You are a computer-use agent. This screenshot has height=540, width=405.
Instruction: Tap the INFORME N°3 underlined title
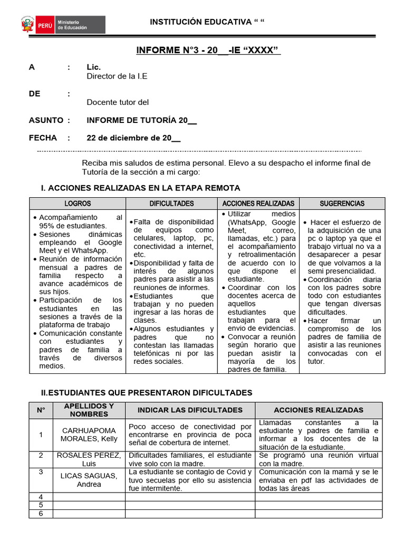point(208,51)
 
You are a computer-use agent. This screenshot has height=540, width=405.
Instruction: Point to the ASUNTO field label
point(46,120)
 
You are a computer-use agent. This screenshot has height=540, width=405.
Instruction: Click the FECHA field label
point(43,138)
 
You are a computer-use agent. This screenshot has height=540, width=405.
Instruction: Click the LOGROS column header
point(78,204)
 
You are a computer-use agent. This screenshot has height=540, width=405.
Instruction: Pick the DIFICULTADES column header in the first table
point(171,204)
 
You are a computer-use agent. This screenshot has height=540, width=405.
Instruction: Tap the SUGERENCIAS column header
point(342,204)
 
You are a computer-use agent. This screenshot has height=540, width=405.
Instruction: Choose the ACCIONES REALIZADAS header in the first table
point(258,204)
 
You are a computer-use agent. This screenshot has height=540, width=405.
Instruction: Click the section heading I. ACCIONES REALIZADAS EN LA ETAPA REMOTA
point(140,188)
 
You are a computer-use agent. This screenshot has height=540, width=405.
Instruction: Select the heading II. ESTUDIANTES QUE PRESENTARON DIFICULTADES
point(147,392)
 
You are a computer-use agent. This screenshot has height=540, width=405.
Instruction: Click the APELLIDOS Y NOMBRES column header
point(89,410)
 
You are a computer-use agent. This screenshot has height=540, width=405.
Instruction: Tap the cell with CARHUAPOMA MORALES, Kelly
point(89,435)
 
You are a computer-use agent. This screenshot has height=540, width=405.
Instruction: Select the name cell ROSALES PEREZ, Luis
point(89,459)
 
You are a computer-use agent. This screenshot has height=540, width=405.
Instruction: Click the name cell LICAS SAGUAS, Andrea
point(89,480)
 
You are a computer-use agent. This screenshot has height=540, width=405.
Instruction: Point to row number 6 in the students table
point(41,513)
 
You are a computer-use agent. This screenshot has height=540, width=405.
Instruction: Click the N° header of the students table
point(41,410)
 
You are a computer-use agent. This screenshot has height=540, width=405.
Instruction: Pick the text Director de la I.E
point(117,76)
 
